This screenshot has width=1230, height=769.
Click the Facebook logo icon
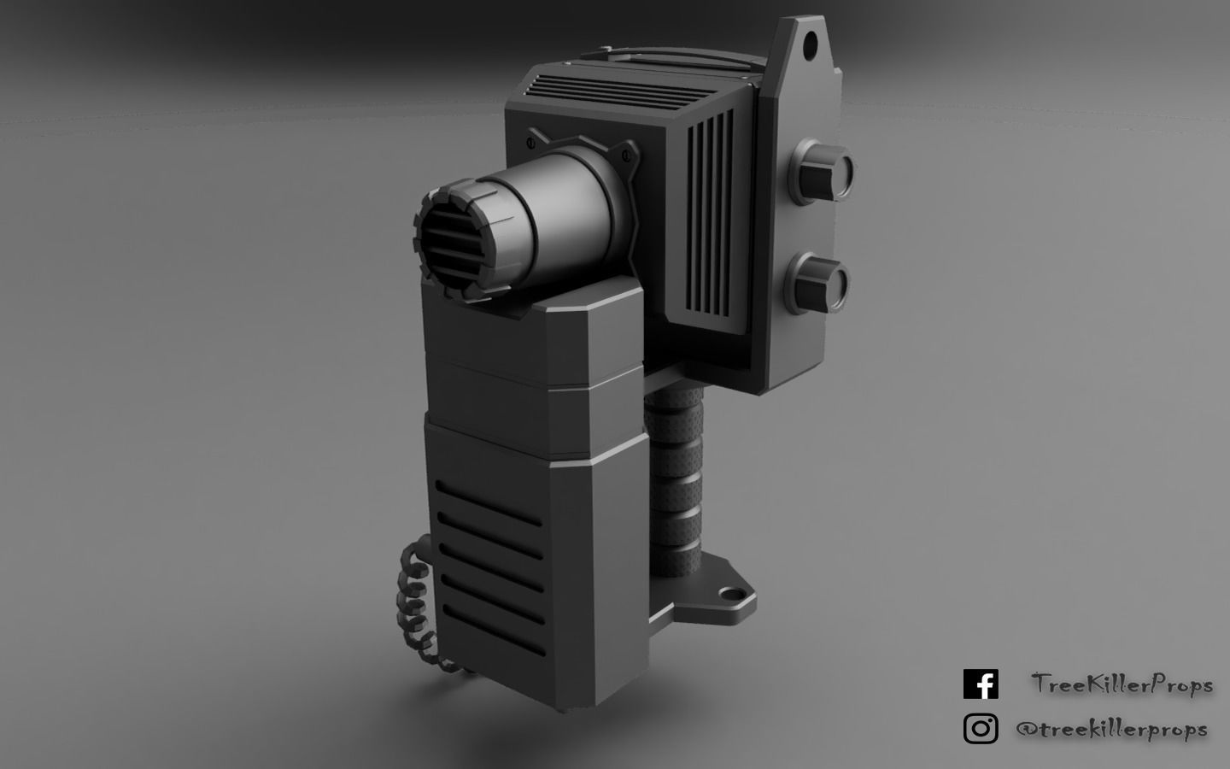pos(981,684)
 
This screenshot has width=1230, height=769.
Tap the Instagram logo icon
pos(981,729)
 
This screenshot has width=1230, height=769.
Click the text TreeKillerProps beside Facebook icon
pos(1122,684)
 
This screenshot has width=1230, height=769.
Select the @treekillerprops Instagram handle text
pos(1111,729)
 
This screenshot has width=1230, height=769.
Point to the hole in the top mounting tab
pos(808,38)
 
